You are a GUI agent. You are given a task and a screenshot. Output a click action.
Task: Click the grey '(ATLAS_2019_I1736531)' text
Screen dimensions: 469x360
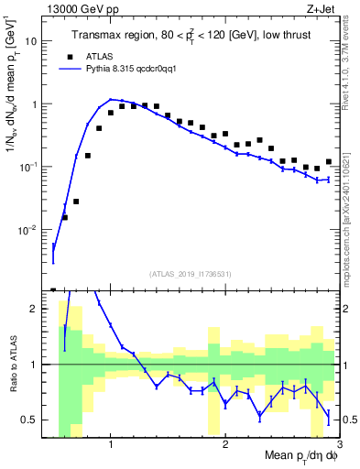tap(191, 274)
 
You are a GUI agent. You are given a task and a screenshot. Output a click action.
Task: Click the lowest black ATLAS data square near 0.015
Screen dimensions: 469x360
tap(65, 217)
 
